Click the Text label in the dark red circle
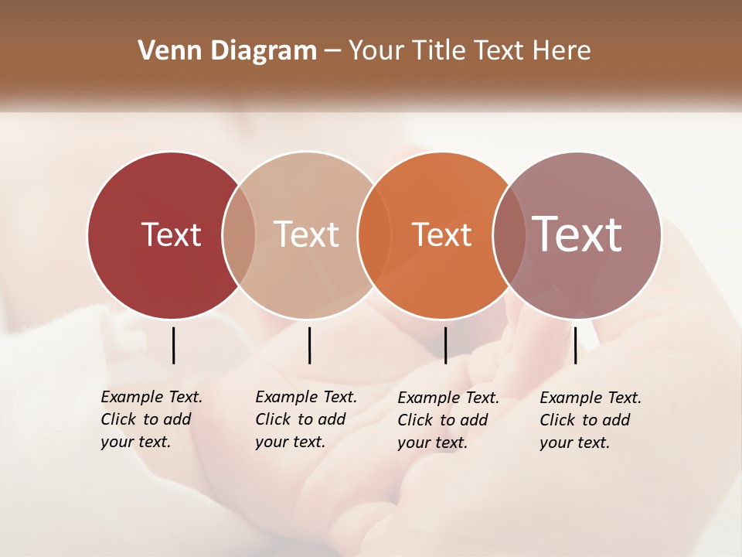tap(171, 234)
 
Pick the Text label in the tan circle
tap(306, 234)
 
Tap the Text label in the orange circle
tap(441, 234)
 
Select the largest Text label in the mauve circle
tap(577, 234)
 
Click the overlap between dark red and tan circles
tap(239, 235)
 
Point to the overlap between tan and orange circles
tap(373, 235)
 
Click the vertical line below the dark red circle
tap(173, 345)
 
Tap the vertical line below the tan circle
tap(309, 345)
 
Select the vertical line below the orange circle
tap(445, 345)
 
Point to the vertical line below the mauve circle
tap(575, 345)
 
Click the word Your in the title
tap(378, 51)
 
